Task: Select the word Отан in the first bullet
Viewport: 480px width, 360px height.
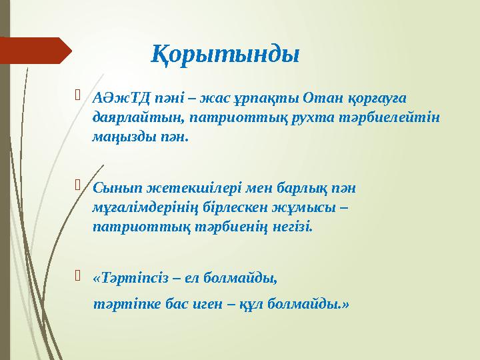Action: pyautogui.click(x=319, y=98)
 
